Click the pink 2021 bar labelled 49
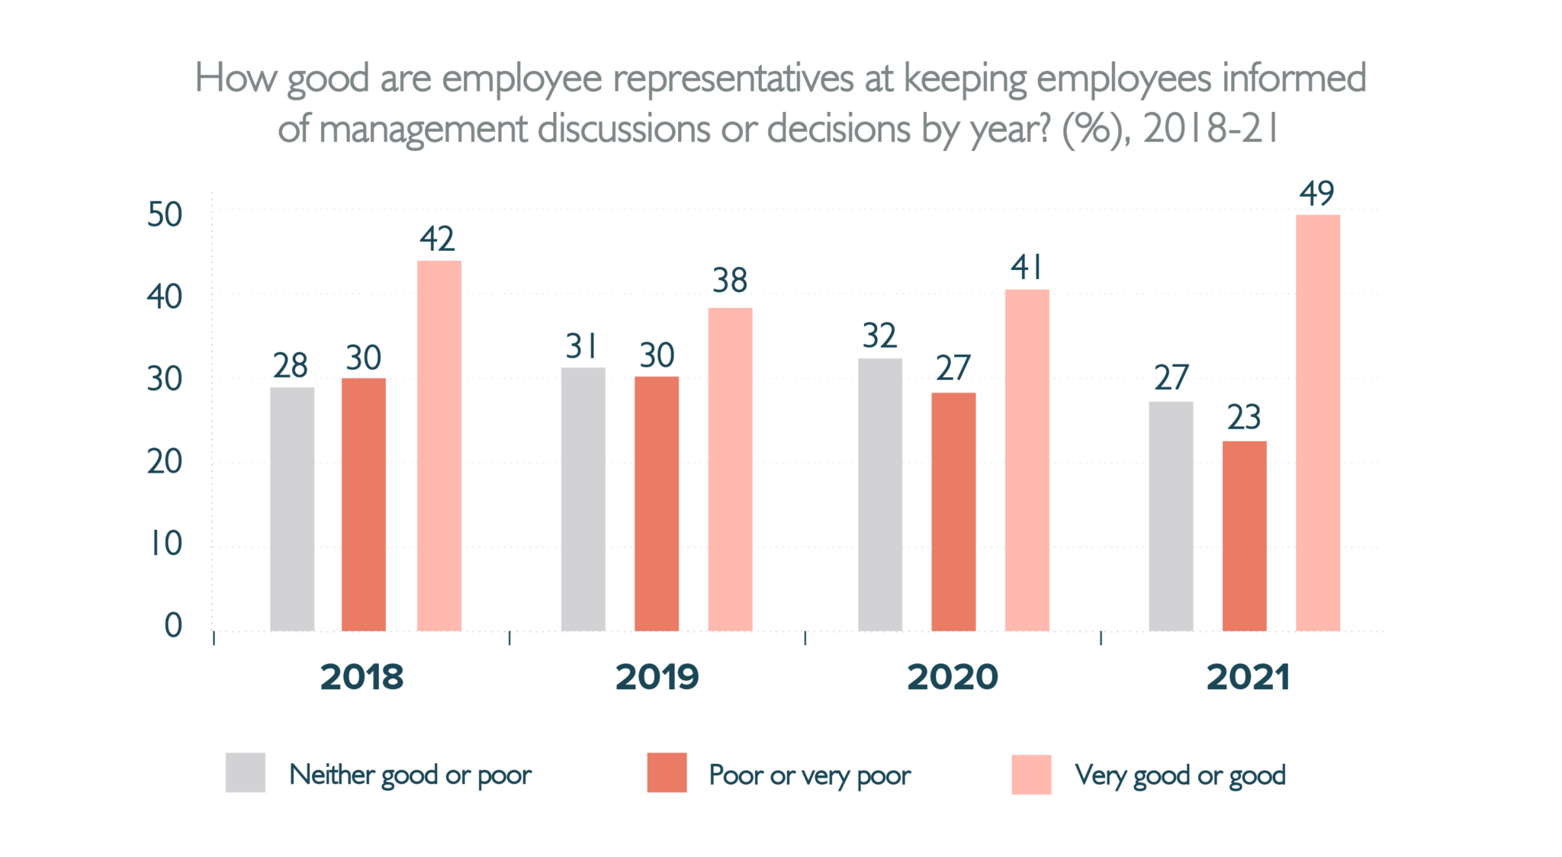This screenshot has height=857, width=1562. coord(1317,423)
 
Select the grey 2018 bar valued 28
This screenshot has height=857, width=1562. coord(292,509)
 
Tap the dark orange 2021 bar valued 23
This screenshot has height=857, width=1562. coord(1244,536)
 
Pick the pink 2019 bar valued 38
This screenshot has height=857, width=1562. coord(730,470)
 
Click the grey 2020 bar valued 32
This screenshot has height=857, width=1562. coord(879,495)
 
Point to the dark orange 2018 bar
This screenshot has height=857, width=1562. coord(364,505)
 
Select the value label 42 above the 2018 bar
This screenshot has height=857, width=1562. coord(437,239)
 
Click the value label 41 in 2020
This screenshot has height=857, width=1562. coord(1027,268)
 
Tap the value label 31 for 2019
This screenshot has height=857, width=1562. coord(582,347)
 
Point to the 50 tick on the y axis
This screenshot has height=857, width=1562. coord(165,215)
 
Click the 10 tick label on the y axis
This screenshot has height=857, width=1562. coord(165,544)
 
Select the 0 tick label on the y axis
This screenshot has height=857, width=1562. coord(173,626)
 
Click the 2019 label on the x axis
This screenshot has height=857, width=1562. coord(657,677)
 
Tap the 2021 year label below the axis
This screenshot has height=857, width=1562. coord(1248,677)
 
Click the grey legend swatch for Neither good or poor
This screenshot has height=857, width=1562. coord(246,773)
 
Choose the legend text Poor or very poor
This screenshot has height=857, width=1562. coord(809,775)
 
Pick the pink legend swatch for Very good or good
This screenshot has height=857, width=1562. coord(1031,775)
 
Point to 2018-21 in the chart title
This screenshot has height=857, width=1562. coord(1210,129)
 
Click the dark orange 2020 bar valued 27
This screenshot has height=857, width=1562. coord(953,512)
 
